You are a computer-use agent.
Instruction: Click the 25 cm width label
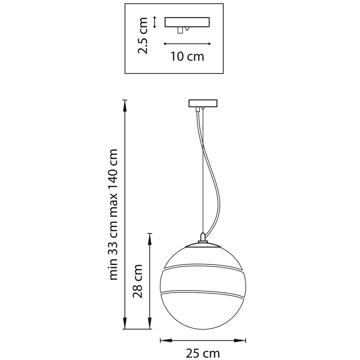202,353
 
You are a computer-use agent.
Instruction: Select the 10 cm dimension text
187,57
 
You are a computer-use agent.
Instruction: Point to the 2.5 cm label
142,35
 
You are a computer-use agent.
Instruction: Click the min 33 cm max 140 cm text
113,215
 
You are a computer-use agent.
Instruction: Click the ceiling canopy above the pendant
203,103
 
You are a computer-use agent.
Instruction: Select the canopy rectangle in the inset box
187,22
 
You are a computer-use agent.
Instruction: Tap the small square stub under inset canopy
180,30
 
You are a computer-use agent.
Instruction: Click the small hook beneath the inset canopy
187,29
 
